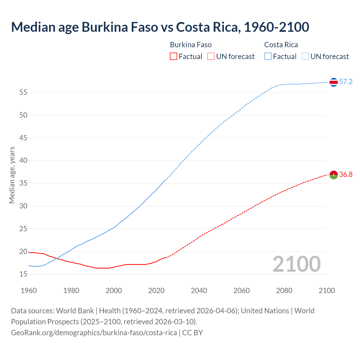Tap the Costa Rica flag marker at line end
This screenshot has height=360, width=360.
[334, 82]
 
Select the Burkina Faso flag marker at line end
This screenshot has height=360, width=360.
[334, 175]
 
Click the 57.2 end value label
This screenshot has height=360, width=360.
[346, 82]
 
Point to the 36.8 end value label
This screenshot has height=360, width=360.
[346, 175]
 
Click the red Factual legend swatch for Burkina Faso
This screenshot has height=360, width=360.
[174, 57]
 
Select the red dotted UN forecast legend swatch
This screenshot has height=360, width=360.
[211, 57]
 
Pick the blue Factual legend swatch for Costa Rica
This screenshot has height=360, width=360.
[268, 57]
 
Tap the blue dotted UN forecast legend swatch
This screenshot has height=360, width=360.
[305, 57]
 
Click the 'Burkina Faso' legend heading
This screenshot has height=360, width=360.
[191, 45]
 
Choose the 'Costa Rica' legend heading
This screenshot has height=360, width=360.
[281, 45]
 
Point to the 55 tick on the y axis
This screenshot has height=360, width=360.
[23, 92]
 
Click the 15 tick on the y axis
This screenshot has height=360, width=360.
[23, 274]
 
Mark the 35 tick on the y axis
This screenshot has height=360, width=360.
[23, 183]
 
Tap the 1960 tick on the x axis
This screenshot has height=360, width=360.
[29, 291]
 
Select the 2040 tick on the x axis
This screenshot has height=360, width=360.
[199, 291]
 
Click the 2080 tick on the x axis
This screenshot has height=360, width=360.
[284, 291]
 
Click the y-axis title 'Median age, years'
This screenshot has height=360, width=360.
[12, 175]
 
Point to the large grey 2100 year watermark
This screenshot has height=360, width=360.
[296, 264]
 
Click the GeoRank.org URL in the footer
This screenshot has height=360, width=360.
[94, 332]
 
